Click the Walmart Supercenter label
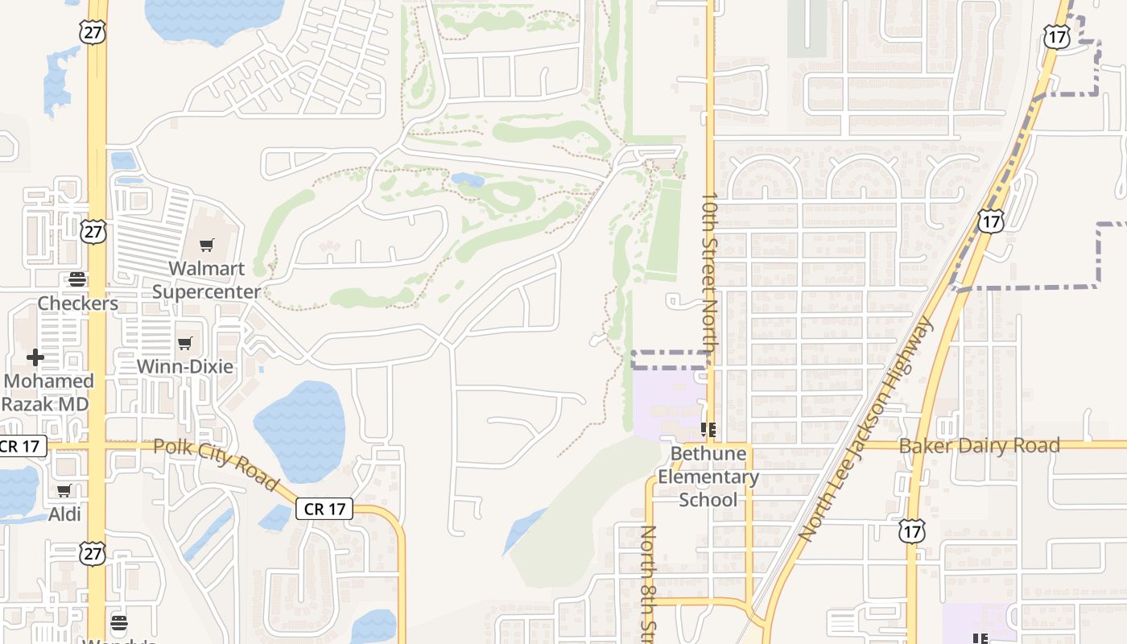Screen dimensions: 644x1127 (x=207, y=279)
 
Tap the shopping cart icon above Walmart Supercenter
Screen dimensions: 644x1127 (x=207, y=246)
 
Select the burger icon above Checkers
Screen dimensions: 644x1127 (x=77, y=279)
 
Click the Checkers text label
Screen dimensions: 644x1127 (x=77, y=303)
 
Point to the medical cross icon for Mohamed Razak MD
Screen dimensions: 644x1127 (x=35, y=357)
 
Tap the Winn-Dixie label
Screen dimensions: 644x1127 (x=185, y=366)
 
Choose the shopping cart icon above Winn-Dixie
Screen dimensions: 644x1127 (x=185, y=344)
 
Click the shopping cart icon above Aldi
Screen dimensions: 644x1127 (x=64, y=490)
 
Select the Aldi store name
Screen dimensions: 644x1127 (x=64, y=514)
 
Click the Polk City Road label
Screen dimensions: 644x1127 (x=216, y=464)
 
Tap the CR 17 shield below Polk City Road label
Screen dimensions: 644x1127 (x=324, y=509)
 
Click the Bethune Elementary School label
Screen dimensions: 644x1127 (x=708, y=477)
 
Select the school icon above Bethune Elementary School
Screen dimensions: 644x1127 (x=708, y=430)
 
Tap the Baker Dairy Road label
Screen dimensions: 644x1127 (x=979, y=445)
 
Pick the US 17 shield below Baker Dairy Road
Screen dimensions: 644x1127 (x=912, y=531)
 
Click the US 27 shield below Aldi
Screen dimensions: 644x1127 (x=92, y=552)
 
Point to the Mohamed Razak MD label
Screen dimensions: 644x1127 (x=47, y=392)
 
